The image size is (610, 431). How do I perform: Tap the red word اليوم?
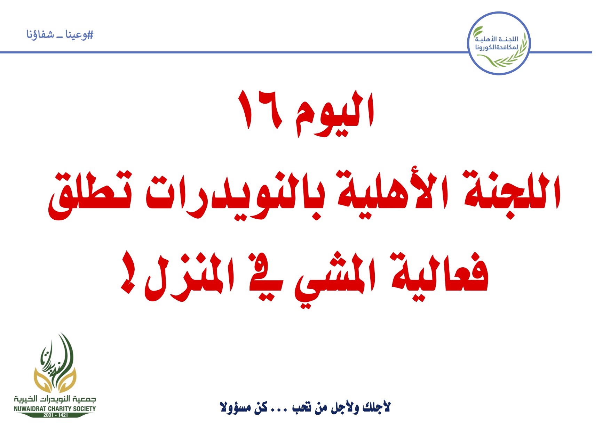pyautogui.click(x=335, y=113)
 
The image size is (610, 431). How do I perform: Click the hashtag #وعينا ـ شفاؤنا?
pyautogui.click(x=60, y=35)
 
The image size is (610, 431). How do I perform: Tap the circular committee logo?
pyautogui.click(x=498, y=43)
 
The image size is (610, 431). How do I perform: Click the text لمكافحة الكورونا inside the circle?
pyautogui.click(x=497, y=47)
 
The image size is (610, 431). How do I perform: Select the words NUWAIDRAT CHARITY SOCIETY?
pyautogui.click(x=55, y=409)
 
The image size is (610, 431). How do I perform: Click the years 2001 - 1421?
pyautogui.click(x=55, y=415)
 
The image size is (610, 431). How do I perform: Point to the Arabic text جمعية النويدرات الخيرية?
pyautogui.click(x=55, y=399)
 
